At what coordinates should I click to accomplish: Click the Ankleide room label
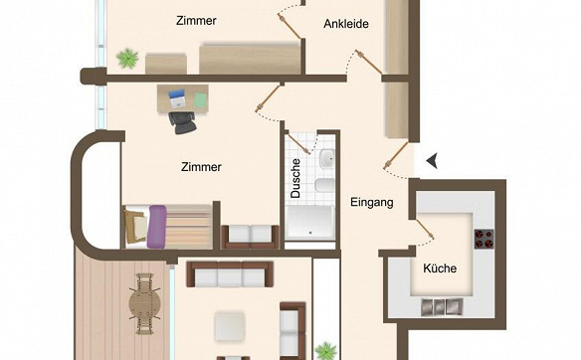(x=346, y=24)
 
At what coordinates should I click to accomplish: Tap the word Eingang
(x=372, y=202)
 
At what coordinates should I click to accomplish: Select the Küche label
(x=440, y=268)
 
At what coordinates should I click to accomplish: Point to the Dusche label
(x=295, y=178)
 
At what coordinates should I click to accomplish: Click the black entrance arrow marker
(x=432, y=161)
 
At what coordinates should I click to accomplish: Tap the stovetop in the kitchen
(x=484, y=239)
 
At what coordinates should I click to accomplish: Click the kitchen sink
(x=442, y=307)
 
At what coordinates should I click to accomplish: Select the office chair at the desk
(x=182, y=122)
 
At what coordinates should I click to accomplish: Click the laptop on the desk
(x=177, y=98)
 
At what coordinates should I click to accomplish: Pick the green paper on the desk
(x=200, y=100)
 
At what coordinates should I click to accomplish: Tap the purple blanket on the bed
(x=157, y=227)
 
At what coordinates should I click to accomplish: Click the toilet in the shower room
(x=325, y=185)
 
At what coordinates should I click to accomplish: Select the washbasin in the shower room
(x=327, y=158)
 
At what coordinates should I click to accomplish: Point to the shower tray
(x=310, y=222)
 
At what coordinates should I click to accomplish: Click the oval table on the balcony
(x=145, y=303)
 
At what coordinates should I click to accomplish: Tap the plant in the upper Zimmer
(x=127, y=58)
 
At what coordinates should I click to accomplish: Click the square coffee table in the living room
(x=230, y=326)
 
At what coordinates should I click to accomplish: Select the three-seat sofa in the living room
(x=230, y=274)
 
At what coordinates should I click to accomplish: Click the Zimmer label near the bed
(x=201, y=167)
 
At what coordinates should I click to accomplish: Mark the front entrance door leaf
(x=397, y=155)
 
